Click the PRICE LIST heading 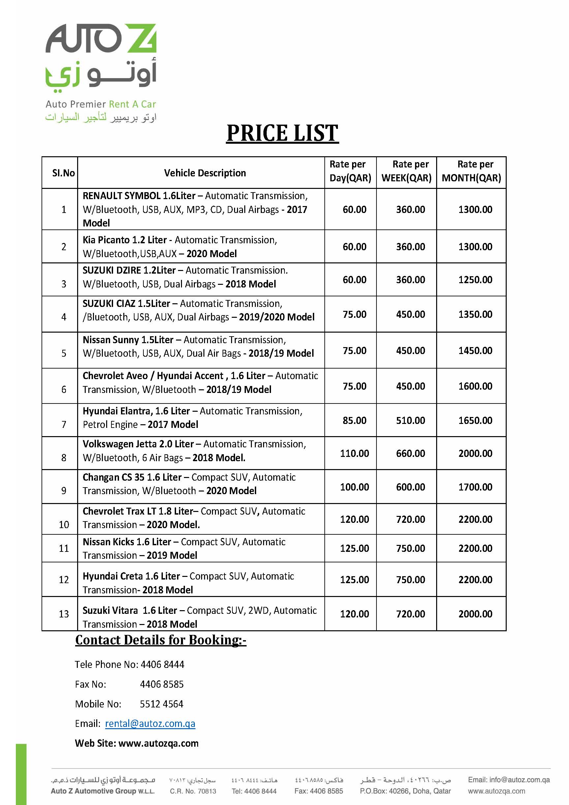tap(282, 133)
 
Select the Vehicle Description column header tap(205, 173)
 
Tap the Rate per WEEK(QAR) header tap(406, 171)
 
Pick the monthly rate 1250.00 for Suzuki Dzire tap(475, 280)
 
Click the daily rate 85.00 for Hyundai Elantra tap(354, 420)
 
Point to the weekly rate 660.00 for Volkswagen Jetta tap(410, 453)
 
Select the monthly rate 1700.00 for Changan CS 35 tap(475, 487)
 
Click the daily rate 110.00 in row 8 tap(354, 453)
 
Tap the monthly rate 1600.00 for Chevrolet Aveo tap(475, 386)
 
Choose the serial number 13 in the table tap(64, 613)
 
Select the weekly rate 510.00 tap(410, 420)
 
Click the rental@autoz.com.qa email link tap(150, 723)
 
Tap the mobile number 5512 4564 tap(162, 704)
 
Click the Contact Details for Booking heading tap(161, 640)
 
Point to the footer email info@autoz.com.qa tap(509, 779)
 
